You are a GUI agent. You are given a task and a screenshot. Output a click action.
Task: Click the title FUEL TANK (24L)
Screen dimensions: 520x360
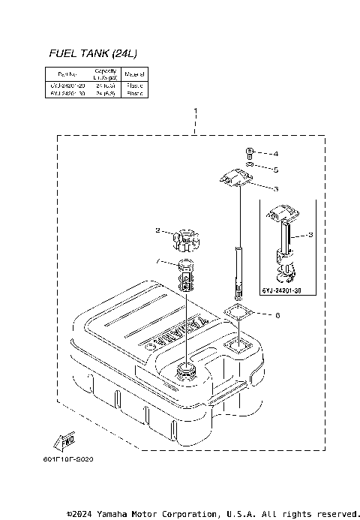[92, 53]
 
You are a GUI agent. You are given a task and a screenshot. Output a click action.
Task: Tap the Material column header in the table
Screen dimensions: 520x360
[135, 74]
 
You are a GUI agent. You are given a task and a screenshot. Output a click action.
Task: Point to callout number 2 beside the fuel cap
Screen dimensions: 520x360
[157, 230]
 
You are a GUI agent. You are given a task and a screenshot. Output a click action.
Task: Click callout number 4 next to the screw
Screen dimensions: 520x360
[275, 153]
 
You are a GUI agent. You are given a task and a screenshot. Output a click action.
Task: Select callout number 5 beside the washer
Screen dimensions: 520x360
[275, 170]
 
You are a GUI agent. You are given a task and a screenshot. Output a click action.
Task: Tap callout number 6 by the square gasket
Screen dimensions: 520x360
[277, 315]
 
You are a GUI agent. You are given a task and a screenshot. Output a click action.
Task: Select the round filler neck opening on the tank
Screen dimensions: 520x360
[184, 370]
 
